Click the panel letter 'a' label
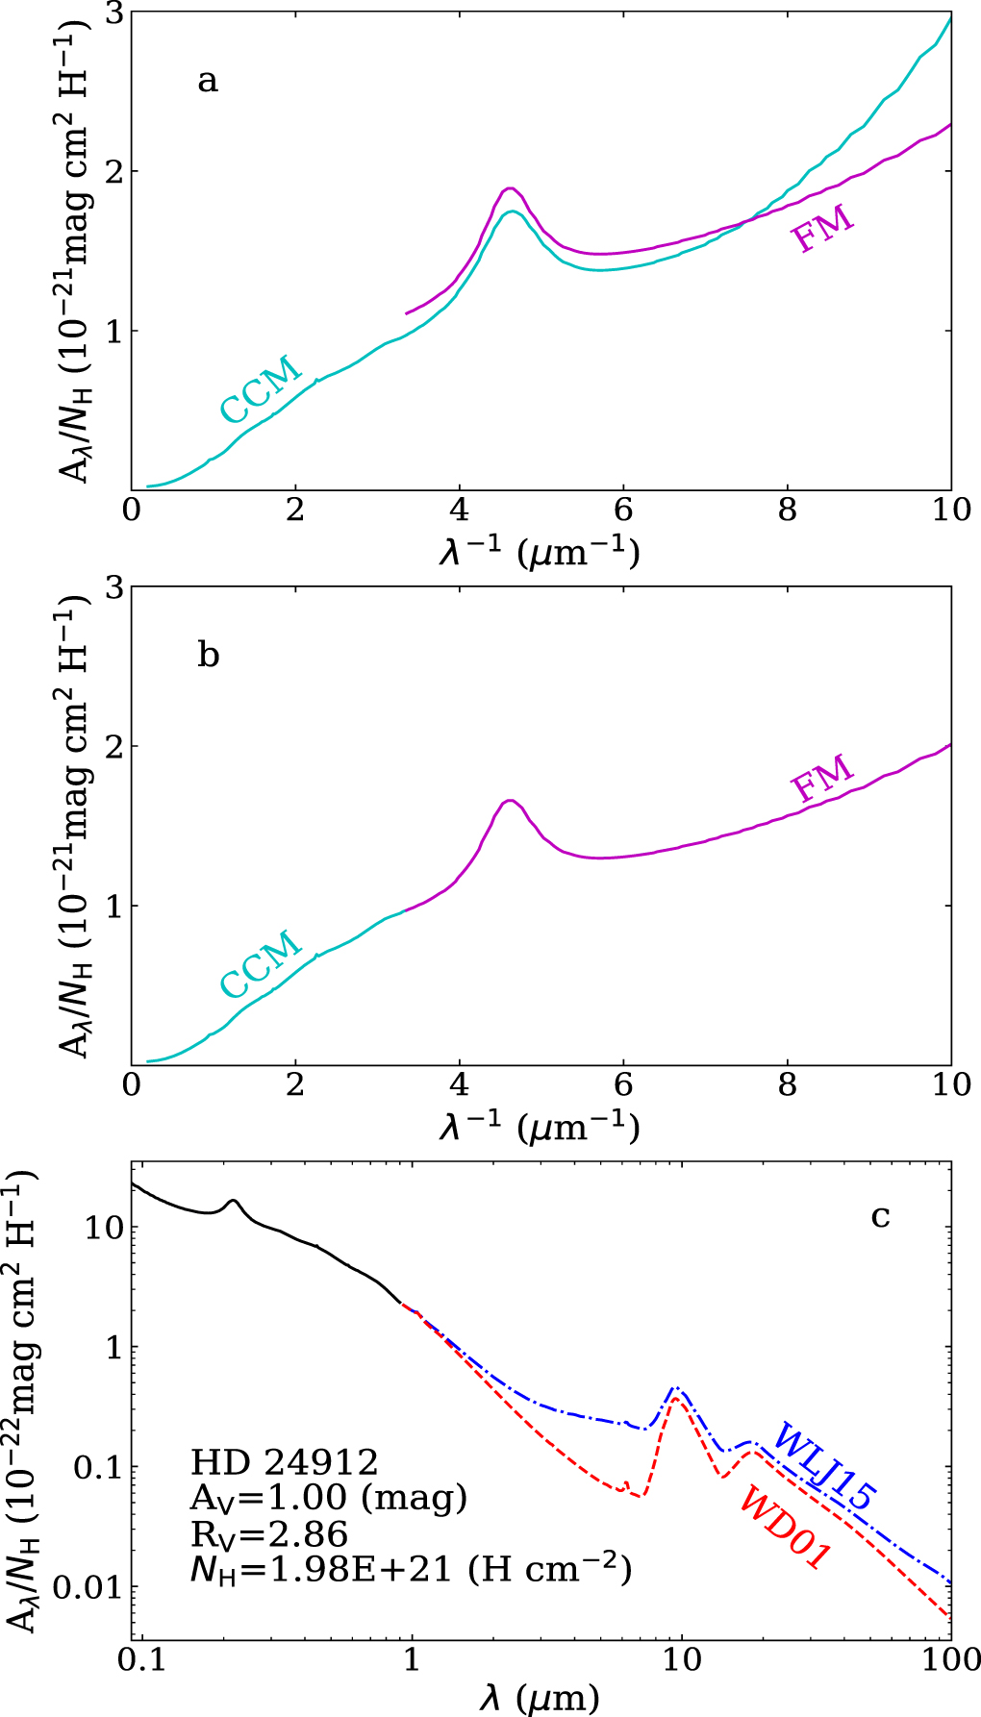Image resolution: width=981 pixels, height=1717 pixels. coord(207,81)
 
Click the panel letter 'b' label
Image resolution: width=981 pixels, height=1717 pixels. coord(208,655)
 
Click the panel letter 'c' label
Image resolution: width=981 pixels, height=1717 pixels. coord(880,1216)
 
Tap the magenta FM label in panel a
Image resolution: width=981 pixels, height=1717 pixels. coord(822,229)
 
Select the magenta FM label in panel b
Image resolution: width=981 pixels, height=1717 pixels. coord(822,779)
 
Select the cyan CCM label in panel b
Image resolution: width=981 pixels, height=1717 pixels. coord(261,964)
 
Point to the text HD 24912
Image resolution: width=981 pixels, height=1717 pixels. coord(285,1463)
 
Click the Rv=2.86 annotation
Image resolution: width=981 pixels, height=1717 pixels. coord(269,1534)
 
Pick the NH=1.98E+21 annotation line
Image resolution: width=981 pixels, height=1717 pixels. coord(411,1570)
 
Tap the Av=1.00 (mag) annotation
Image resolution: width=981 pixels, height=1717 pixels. coord(329,1499)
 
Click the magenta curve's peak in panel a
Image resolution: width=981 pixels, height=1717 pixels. coord(511,188)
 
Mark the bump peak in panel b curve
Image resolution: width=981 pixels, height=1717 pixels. coord(510,800)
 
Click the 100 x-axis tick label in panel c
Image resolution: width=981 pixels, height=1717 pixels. coord(950,1660)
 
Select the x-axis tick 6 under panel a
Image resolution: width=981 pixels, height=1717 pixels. coord(623,510)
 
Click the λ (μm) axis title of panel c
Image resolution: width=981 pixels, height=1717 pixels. coord(540,1698)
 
